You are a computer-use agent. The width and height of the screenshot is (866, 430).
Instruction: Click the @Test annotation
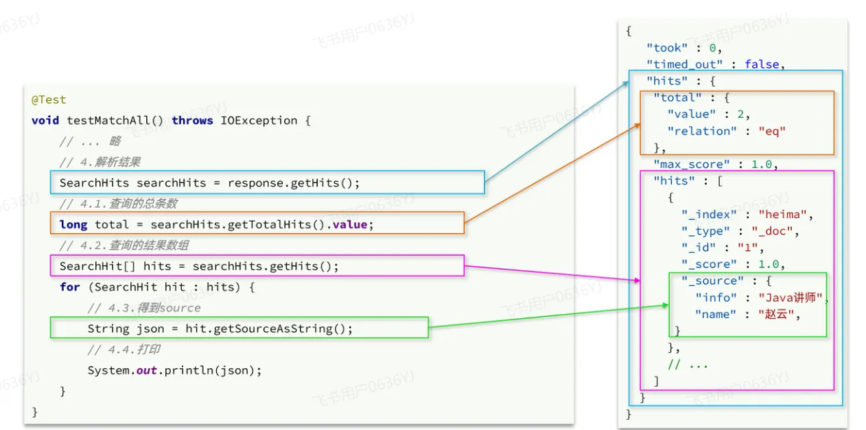49,99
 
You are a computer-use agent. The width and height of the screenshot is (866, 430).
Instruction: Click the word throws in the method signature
192,121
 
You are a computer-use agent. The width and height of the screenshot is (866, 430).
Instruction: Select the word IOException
259,121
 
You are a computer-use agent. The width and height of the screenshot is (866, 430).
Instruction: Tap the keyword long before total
73,225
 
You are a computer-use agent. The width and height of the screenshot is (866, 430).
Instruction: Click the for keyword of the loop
69,287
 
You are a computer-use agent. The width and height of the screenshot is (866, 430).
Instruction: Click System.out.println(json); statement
174,370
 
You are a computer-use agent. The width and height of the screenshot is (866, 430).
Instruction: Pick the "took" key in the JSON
667,48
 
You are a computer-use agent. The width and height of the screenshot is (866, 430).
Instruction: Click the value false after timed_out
762,64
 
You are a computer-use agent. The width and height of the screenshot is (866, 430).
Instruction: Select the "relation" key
702,131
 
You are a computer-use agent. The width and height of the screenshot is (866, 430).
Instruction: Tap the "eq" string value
772,131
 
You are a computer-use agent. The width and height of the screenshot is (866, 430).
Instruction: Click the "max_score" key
691,164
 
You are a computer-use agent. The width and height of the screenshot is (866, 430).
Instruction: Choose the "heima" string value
782,215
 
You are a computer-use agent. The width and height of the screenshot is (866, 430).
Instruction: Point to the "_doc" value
772,231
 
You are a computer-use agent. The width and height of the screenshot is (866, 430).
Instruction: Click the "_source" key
712,281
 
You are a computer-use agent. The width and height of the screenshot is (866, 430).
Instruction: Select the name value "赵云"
775,314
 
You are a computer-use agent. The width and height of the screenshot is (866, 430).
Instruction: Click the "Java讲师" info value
790,298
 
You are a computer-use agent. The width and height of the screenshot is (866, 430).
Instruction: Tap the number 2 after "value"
740,115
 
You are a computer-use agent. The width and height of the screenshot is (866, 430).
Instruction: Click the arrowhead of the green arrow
666,305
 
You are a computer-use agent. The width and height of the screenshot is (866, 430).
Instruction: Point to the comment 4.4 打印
124,350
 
